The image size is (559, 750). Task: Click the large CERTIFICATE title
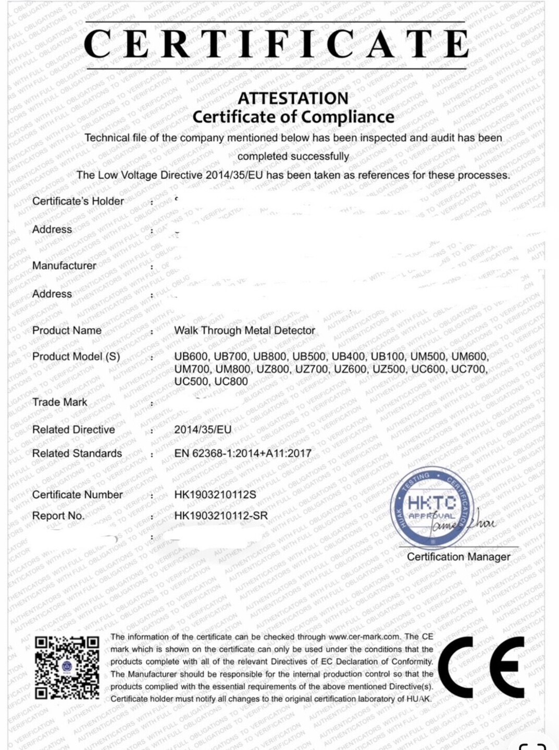276,44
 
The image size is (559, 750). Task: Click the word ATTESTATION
293,98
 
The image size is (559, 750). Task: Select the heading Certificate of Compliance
293,117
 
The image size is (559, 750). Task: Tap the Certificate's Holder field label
78,201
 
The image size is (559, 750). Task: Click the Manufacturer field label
64,266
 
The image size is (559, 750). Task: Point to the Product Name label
67,330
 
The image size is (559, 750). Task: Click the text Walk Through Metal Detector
244,330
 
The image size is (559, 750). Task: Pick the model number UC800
231,381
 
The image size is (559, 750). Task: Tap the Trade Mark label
59,402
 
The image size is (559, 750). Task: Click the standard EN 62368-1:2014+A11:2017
243,453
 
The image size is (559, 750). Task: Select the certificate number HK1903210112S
215,494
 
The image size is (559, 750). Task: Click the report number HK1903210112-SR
221,516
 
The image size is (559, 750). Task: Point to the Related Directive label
73,430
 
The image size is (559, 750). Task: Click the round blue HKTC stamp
431,505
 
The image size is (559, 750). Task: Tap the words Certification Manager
458,557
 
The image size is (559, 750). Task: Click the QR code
67,667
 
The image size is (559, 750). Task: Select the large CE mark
480,667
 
